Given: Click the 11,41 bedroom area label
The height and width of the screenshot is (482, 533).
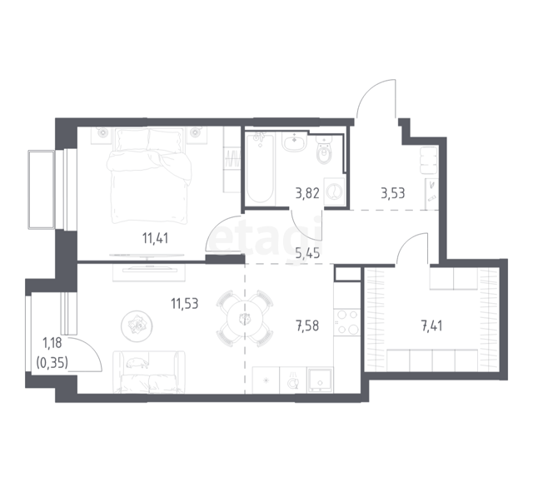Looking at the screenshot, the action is point(156,238).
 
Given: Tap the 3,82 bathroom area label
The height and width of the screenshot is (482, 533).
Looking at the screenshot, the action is point(307,193).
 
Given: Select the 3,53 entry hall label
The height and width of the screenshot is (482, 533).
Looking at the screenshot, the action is point(393,193).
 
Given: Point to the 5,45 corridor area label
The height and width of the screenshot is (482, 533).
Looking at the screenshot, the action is point(307,253).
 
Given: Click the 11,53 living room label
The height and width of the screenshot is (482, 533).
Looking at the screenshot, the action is point(185,303).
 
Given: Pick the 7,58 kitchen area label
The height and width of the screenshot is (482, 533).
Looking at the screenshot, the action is point(307,325).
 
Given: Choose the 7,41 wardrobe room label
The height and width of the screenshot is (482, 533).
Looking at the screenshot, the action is point(431,326).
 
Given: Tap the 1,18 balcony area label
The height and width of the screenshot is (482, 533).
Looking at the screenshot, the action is point(52,343).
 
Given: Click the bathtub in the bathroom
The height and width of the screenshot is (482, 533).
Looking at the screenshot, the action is point(261,168).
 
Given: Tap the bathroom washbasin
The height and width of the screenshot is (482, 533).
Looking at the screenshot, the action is point(294,142).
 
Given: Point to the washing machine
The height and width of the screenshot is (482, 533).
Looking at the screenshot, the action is point(335,191).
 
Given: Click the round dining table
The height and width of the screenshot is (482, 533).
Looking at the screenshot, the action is point(244,319).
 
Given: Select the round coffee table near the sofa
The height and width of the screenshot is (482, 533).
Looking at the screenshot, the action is point(137,326).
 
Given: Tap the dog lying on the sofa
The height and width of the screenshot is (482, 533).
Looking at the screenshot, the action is point(137,363).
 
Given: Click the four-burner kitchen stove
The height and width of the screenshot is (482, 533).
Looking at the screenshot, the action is point(346,322).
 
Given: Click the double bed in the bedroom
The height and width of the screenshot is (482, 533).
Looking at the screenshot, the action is point(150,176).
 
